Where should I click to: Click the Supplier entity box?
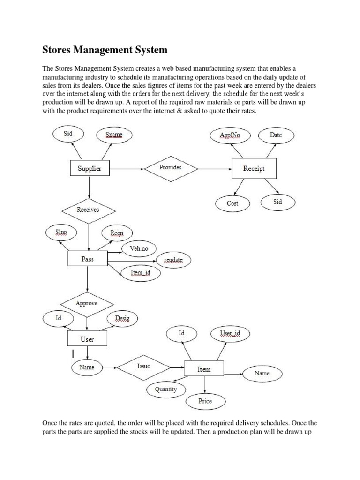[90, 168]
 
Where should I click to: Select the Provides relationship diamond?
[170, 167]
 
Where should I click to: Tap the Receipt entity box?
[254, 168]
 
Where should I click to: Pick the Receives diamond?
[88, 210]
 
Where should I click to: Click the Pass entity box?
[88, 259]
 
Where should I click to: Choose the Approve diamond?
[87, 303]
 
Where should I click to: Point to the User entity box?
[87, 339]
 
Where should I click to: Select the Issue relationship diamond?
[143, 366]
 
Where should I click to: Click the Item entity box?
[204, 369]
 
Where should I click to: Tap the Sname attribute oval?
[114, 135]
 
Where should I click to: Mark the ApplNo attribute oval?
[230, 135]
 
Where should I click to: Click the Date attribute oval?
[276, 135]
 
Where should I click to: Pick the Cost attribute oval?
[232, 203]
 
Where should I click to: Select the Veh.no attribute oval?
[139, 248]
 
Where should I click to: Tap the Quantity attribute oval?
[166, 389]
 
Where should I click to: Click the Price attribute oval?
[205, 401]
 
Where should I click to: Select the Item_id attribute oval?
[139, 272]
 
